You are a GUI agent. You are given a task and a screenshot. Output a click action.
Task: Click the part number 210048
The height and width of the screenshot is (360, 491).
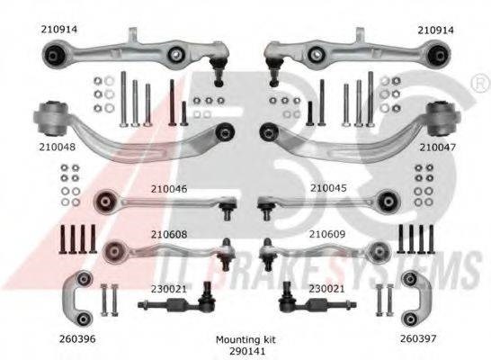[58, 147]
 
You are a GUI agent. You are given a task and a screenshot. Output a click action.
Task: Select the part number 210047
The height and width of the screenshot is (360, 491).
[437, 147]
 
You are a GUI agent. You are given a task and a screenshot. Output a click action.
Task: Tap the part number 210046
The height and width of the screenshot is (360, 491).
[169, 189]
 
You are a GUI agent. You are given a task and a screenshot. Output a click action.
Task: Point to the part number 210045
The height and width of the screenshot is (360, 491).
[328, 188]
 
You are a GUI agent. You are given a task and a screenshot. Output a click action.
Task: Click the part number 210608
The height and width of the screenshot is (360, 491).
[169, 234]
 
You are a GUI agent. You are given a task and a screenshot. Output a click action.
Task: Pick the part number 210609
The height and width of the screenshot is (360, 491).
[327, 234]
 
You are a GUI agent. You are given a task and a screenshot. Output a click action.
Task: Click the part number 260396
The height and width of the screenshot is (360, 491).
[77, 338]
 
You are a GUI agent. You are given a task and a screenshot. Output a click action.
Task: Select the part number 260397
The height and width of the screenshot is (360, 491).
[418, 338]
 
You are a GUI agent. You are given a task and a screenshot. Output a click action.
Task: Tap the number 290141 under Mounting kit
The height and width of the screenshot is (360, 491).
[247, 351]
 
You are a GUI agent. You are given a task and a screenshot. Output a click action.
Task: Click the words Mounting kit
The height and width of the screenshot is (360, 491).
[246, 339]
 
